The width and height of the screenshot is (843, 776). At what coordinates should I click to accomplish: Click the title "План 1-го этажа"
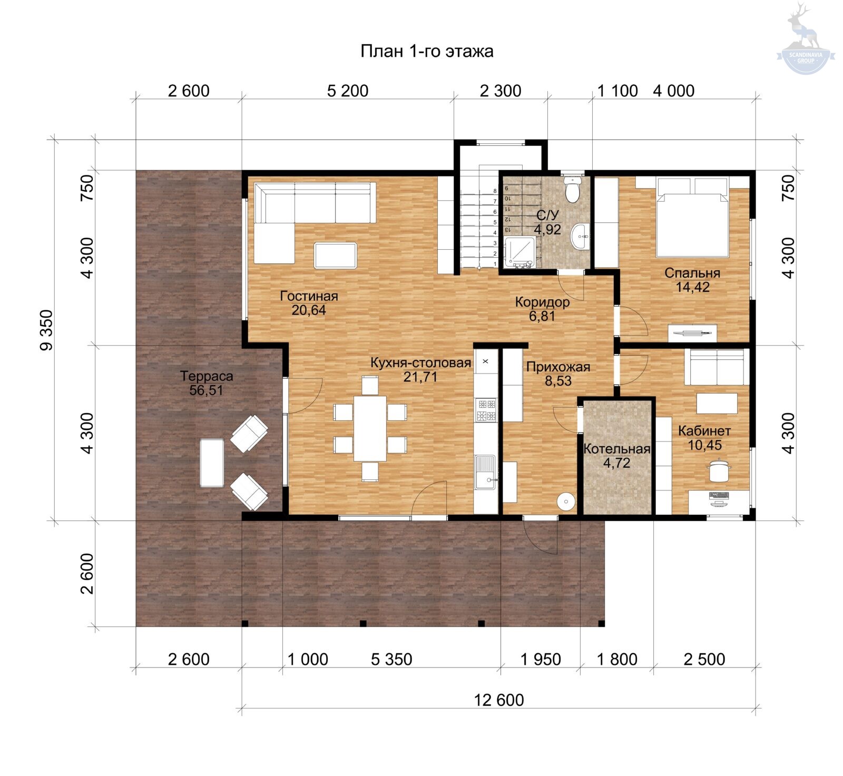tap(427, 51)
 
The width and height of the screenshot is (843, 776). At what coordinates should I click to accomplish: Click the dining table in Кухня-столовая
tap(370, 428)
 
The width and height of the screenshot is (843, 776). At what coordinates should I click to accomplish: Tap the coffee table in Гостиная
tap(336, 255)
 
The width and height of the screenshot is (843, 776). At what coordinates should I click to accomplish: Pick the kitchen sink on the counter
tap(485, 472)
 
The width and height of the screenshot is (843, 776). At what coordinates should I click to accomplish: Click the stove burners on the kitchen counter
tap(486, 410)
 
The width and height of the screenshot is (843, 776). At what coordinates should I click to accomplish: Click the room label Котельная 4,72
tap(617, 456)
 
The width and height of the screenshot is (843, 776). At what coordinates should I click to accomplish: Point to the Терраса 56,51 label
tap(207, 383)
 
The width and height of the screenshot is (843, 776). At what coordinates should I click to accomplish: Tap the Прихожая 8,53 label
tap(558, 374)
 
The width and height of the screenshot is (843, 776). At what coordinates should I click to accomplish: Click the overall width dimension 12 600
tap(499, 700)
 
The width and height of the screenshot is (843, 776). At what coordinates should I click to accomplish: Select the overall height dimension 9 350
tap(46, 330)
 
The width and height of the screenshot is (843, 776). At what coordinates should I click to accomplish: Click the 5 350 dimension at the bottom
tap(391, 659)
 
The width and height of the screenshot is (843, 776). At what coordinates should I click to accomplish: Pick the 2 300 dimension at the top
tap(501, 91)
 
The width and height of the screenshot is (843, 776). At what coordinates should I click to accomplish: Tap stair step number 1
tap(495, 264)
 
